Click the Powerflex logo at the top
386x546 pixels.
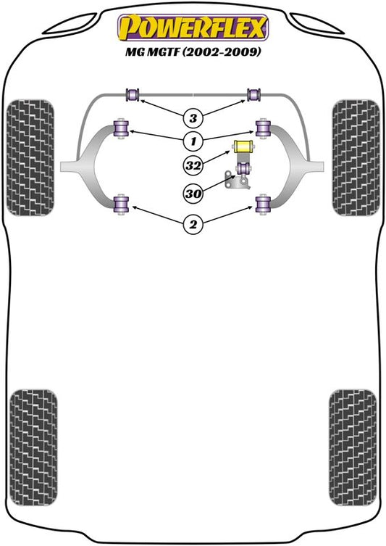point(193,28)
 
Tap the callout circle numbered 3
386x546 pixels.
point(193,118)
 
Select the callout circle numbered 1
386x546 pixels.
point(193,141)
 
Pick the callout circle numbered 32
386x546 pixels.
point(193,165)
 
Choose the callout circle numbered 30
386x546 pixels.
point(193,193)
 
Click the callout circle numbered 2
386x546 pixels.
point(193,224)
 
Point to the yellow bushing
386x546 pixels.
point(243,146)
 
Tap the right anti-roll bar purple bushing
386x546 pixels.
point(254,94)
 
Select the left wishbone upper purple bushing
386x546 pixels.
point(122,129)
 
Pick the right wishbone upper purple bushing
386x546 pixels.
point(263,129)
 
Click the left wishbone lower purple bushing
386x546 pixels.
point(122,204)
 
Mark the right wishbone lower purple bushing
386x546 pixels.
point(263,204)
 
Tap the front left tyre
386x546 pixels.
point(30,158)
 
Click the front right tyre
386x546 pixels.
point(356,158)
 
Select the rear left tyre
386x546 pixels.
point(33,447)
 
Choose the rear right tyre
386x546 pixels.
point(353,447)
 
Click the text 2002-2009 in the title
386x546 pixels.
point(222,52)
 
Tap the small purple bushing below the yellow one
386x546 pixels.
point(243,168)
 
